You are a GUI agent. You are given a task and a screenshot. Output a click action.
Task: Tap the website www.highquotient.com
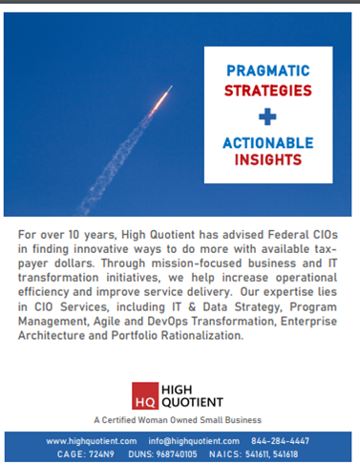pyautogui.click(x=94, y=440)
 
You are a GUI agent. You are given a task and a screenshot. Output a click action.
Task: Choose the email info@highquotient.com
pyautogui.click(x=194, y=440)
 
